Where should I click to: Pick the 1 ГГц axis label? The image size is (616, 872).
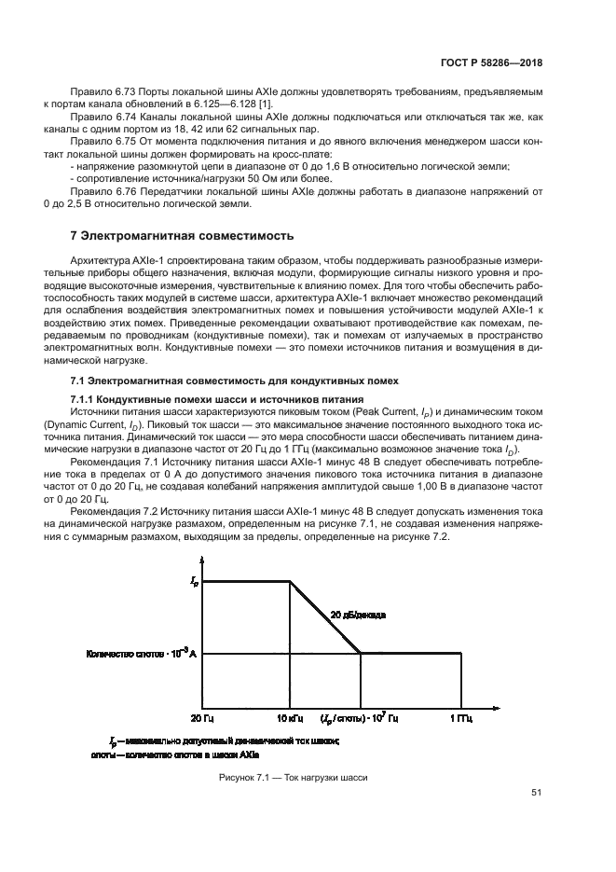point(460,718)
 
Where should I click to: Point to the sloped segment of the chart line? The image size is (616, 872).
point(326,618)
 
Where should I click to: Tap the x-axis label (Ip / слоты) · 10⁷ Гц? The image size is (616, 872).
point(360,718)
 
